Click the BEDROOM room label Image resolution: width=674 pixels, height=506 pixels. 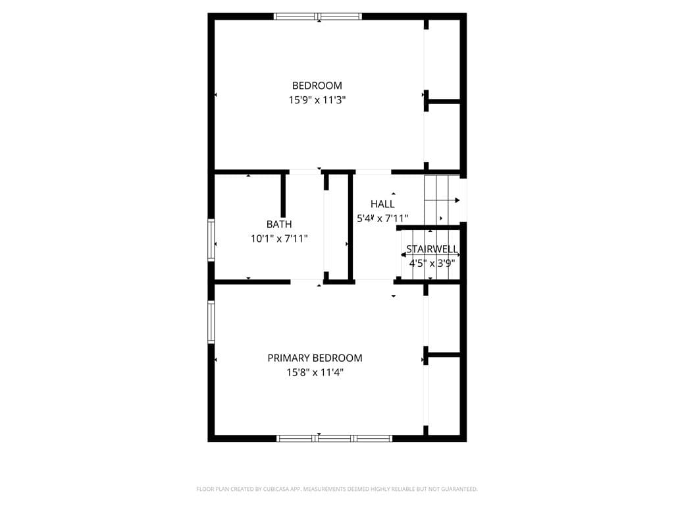coord(317,86)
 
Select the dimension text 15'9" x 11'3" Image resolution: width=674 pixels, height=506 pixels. coord(317,100)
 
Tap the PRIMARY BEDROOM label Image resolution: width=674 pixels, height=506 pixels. coord(315,358)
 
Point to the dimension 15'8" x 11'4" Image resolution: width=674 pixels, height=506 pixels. coord(315,373)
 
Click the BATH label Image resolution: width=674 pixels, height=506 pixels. coord(279,224)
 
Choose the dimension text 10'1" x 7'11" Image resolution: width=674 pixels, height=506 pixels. coord(279,239)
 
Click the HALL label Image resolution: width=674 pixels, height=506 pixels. coord(382,204)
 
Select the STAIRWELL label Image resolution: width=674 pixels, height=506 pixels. coord(432,249)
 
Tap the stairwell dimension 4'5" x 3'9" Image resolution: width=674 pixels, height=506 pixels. coord(432,264)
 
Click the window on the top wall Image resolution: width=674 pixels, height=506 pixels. coord(318,16)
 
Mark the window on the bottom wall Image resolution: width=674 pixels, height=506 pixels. coord(334,438)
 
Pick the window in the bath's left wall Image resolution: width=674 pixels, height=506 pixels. coord(211,240)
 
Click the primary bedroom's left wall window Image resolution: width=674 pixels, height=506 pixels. coord(211,322)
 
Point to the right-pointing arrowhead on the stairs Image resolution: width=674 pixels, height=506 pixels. coord(458,200)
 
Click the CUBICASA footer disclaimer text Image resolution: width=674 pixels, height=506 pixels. coord(337,489)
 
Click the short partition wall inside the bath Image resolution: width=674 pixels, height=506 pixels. coord(283,196)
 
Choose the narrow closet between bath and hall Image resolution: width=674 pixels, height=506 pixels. coord(338,227)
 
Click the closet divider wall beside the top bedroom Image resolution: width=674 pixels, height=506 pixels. coord(443,102)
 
